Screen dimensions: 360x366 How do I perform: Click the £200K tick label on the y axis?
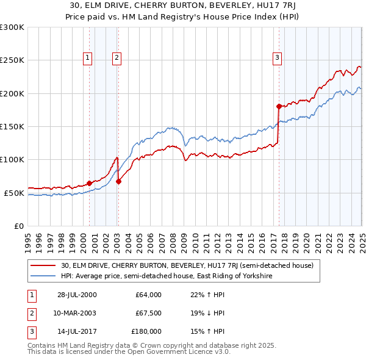(x=12, y=93)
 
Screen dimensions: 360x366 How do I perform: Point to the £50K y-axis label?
(x=14, y=193)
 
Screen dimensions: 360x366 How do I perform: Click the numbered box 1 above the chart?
(x=88, y=58)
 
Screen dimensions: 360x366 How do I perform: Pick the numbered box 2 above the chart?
(x=116, y=58)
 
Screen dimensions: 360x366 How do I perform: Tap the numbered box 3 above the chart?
(x=277, y=58)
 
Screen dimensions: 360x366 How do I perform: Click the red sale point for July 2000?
(x=89, y=183)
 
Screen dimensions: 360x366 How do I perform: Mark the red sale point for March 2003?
(x=118, y=181)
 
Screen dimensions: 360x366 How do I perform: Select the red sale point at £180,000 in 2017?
(x=279, y=106)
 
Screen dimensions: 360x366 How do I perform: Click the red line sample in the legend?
(x=43, y=266)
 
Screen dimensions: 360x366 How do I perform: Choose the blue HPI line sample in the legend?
(x=43, y=276)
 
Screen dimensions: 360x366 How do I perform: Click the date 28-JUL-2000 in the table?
(x=77, y=295)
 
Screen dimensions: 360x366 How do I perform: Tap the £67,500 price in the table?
(x=148, y=313)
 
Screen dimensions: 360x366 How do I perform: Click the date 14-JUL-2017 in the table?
(x=77, y=331)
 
